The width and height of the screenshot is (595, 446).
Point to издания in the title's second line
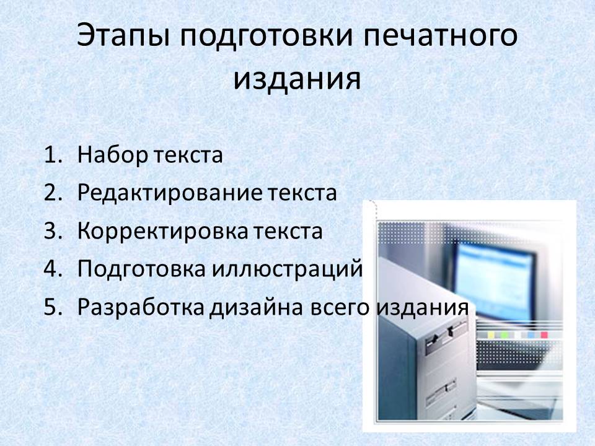pos(297,79)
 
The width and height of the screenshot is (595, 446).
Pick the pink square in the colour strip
pos(544,335)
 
